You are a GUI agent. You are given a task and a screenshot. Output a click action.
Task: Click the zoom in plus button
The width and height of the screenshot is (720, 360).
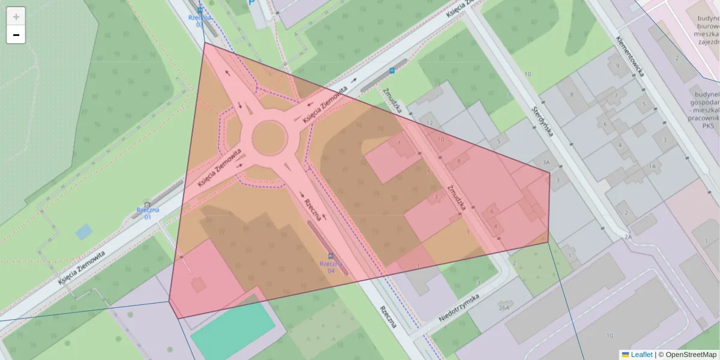(x=16, y=17)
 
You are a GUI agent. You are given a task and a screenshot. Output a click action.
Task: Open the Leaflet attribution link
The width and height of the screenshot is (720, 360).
(x=641, y=355)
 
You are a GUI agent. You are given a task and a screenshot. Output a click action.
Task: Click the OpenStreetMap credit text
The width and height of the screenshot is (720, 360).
(x=687, y=355)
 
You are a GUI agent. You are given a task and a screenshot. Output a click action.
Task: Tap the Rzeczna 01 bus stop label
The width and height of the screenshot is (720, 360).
(x=148, y=212)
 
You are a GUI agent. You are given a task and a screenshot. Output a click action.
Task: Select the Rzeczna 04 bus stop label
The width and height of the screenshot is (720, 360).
(x=331, y=266)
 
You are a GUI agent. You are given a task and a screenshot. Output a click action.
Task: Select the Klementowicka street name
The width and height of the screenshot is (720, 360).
(x=629, y=56)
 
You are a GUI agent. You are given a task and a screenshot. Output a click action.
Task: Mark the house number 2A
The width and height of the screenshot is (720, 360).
(x=628, y=237)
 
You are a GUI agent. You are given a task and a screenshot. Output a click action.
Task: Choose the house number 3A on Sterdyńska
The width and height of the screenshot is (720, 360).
(x=545, y=163)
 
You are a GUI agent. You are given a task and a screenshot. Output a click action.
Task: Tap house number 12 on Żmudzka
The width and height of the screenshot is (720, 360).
(x=429, y=123)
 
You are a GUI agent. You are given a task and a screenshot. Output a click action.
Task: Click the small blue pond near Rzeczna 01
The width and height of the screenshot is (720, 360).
(x=84, y=231)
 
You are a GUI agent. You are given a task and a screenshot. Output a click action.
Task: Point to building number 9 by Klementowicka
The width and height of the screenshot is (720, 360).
(x=617, y=66)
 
